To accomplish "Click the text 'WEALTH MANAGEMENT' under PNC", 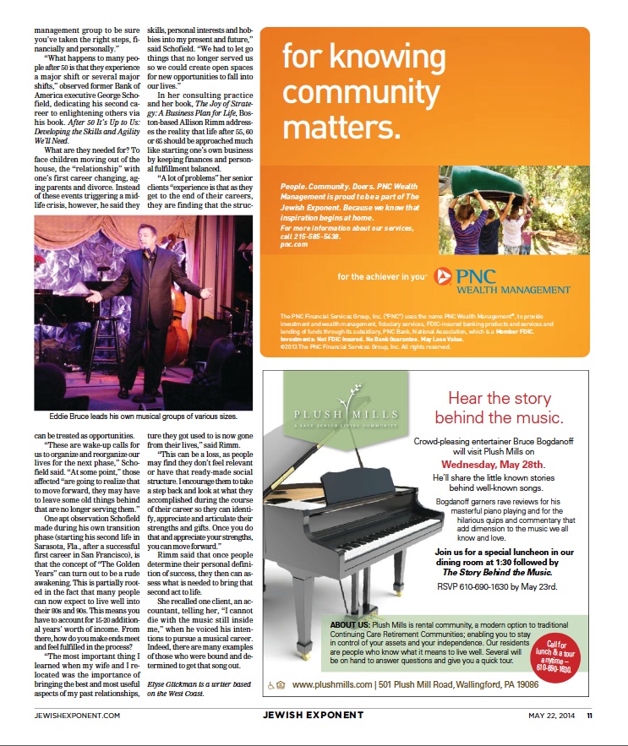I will point(515,290).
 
